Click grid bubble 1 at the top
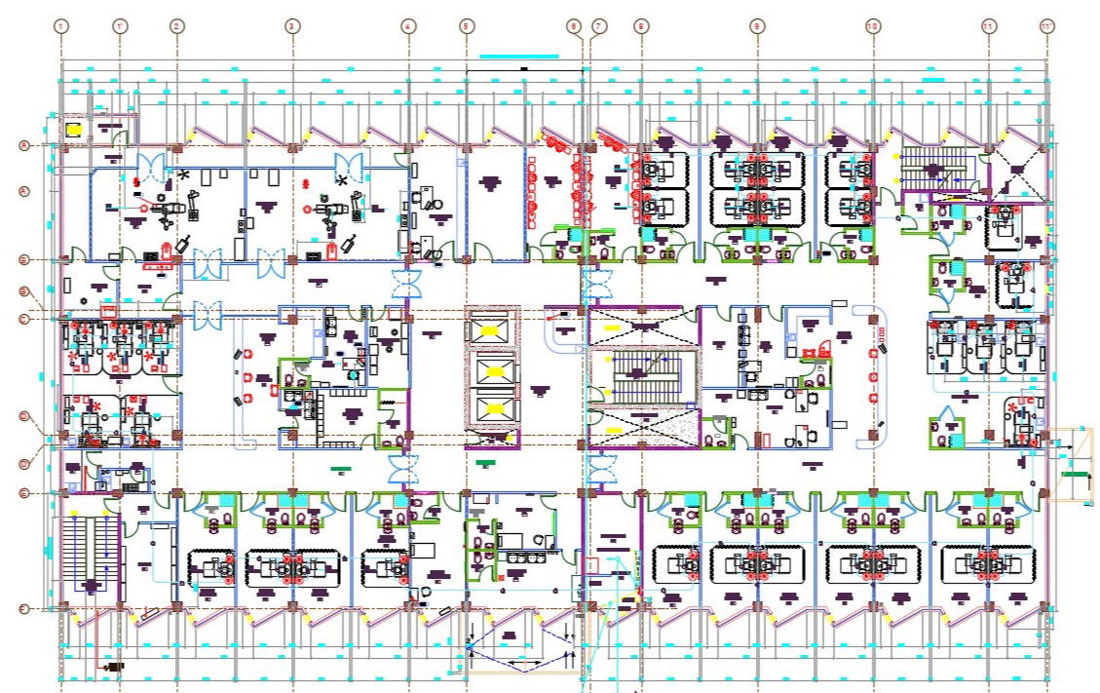click(x=61, y=26)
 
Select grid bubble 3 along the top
click(x=291, y=26)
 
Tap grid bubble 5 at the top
click(x=466, y=26)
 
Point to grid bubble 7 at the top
click(x=598, y=26)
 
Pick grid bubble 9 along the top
click(x=757, y=26)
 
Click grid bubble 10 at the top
click(x=873, y=26)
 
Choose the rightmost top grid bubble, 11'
click(x=1047, y=26)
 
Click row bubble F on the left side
click(x=23, y=609)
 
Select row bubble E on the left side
click(x=23, y=494)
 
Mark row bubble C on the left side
click(x=23, y=319)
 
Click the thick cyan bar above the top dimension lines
click(x=519, y=57)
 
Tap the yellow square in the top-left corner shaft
click(x=72, y=128)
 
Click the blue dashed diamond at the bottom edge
click(x=524, y=644)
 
